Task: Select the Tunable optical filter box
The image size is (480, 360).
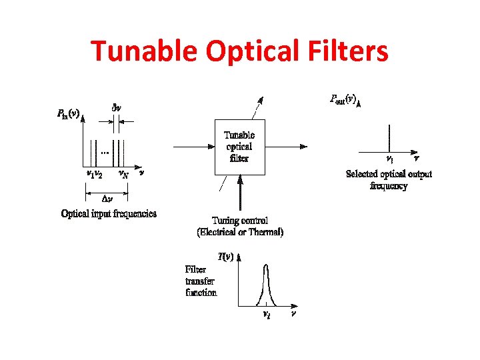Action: pyautogui.click(x=239, y=147)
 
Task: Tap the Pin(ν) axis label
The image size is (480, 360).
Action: pyautogui.click(x=68, y=113)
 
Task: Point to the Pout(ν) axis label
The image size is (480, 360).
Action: pyautogui.click(x=345, y=99)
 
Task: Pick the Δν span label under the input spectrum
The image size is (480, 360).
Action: pyautogui.click(x=106, y=198)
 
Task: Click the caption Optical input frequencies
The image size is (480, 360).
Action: pyautogui.click(x=109, y=214)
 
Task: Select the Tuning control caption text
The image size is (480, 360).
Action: pyautogui.click(x=240, y=221)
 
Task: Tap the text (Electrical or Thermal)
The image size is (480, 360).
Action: pyautogui.click(x=240, y=232)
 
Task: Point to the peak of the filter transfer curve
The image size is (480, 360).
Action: pyautogui.click(x=266, y=265)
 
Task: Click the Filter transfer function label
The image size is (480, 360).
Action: pyautogui.click(x=201, y=281)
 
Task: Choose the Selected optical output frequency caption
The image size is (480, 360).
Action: pyautogui.click(x=389, y=180)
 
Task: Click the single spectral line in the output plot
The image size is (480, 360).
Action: pyautogui.click(x=389, y=140)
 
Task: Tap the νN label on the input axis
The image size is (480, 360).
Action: pyautogui.click(x=123, y=174)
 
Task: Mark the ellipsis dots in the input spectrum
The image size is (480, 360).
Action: pyautogui.click(x=105, y=153)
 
